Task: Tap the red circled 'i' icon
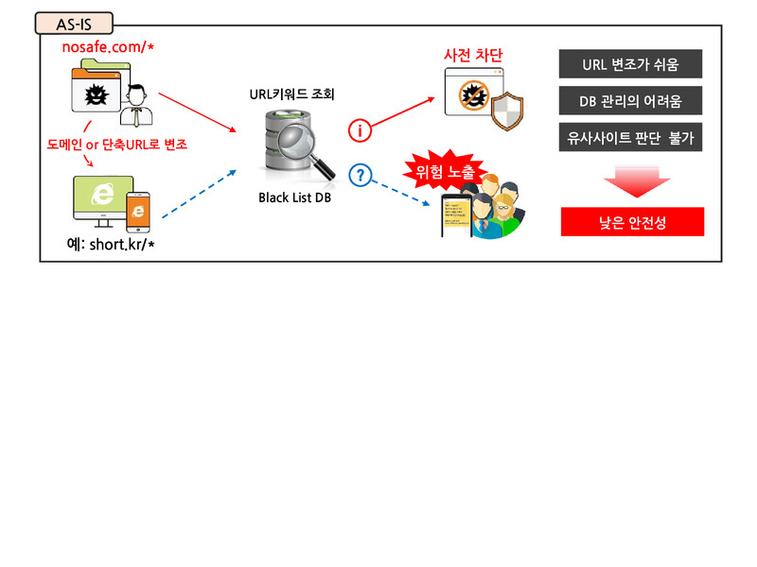pos(360,129)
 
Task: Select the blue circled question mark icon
pos(360,174)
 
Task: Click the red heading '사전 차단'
pos(472,57)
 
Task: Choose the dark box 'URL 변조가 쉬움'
pos(630,64)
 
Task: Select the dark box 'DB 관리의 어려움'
pos(630,101)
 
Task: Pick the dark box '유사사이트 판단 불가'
pos(630,138)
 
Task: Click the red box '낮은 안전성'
pos(632,221)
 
